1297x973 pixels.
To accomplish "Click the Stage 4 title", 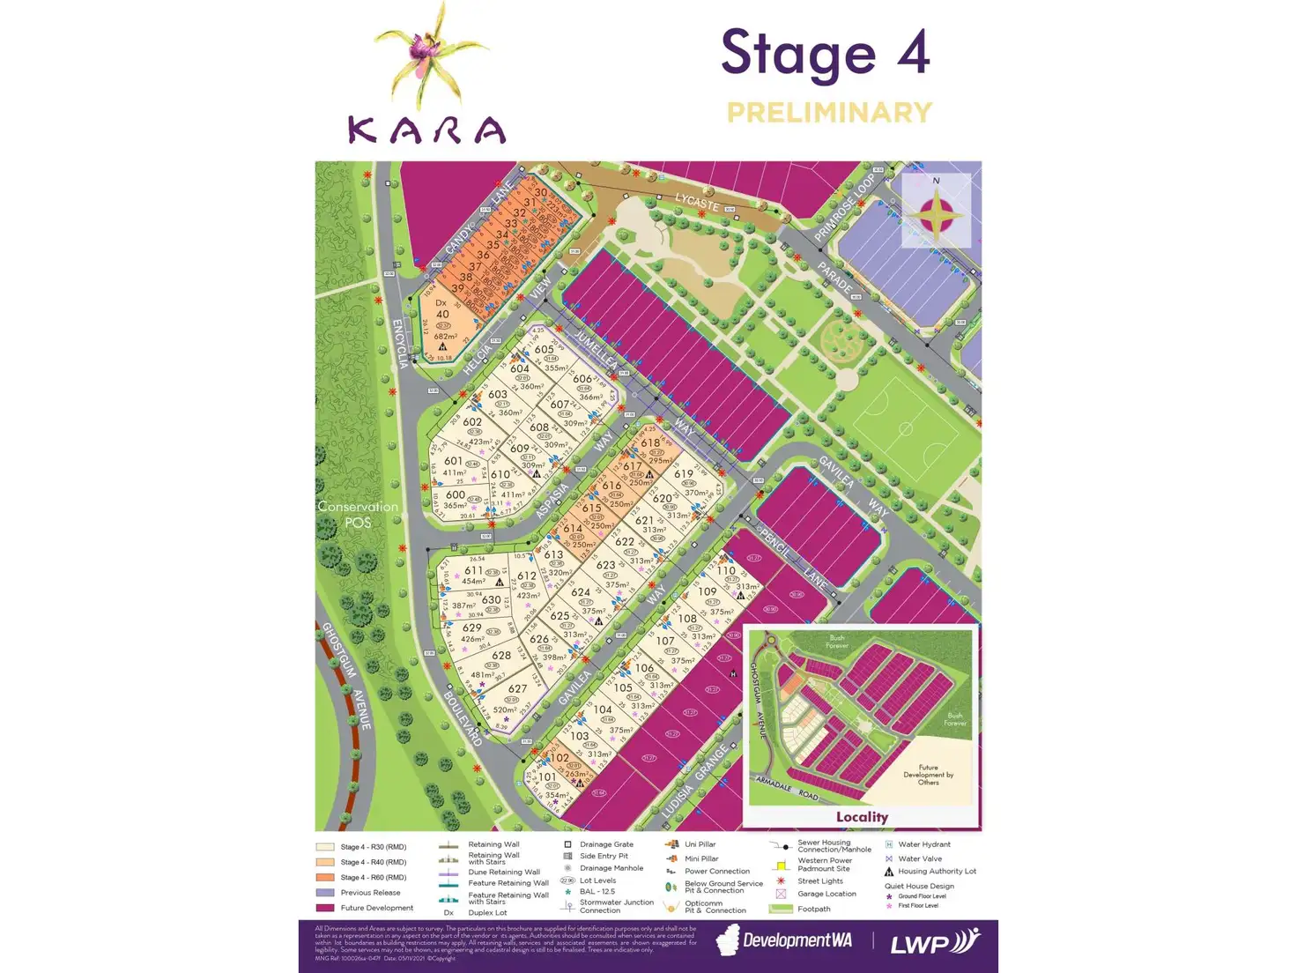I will click(826, 53).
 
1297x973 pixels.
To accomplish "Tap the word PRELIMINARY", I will click(829, 113).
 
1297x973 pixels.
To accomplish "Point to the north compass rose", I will click(937, 212).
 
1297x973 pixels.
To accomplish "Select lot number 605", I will click(544, 349).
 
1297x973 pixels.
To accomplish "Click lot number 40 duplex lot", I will click(442, 314).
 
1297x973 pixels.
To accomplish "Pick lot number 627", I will click(517, 689).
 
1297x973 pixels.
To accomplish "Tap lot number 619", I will click(684, 474).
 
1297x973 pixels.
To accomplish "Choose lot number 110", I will click(725, 570).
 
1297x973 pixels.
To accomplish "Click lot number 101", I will click(547, 777).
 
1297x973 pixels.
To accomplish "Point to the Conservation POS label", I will click(358, 515).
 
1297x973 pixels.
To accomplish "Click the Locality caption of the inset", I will click(862, 817).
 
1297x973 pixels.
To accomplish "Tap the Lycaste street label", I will click(697, 202).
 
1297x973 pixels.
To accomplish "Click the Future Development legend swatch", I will click(325, 908).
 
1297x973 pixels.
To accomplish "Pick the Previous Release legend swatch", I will click(325, 893).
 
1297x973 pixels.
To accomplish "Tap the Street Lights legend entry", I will click(819, 881).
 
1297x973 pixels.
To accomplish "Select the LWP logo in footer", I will click(934, 943).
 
